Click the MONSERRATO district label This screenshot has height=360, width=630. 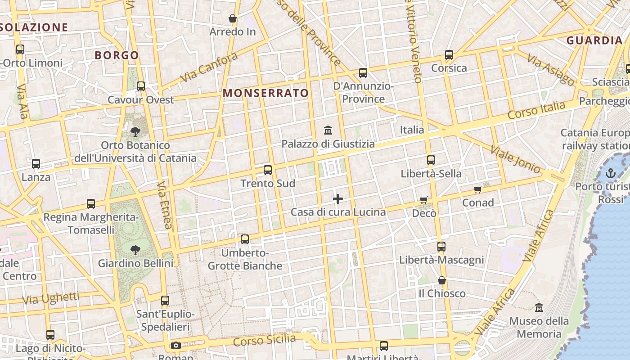[x=266, y=93]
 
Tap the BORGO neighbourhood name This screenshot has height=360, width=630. [x=117, y=55]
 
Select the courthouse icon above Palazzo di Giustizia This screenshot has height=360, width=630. [x=328, y=130]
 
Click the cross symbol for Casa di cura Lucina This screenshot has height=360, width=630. [x=338, y=198]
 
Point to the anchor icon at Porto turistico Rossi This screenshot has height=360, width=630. [x=610, y=173]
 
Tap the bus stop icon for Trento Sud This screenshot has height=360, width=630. [x=268, y=170]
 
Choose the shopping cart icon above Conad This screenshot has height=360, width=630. [x=478, y=189]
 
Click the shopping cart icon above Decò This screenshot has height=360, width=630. [x=424, y=200]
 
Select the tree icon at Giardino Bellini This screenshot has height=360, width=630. [x=135, y=250]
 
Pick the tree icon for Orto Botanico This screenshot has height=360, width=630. [x=135, y=132]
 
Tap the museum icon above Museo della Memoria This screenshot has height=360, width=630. [x=539, y=308]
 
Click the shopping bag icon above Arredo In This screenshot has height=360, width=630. [x=233, y=18]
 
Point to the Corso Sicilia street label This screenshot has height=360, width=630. [x=265, y=340]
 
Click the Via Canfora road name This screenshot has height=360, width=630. [x=209, y=68]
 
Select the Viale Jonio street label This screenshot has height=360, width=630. [x=515, y=159]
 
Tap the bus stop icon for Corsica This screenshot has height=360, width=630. [x=449, y=55]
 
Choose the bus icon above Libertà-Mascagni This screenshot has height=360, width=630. [x=441, y=247]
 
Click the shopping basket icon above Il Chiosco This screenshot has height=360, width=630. [x=442, y=280]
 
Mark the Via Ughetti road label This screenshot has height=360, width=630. [x=50, y=298]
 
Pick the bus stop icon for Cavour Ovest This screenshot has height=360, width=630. [x=141, y=86]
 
